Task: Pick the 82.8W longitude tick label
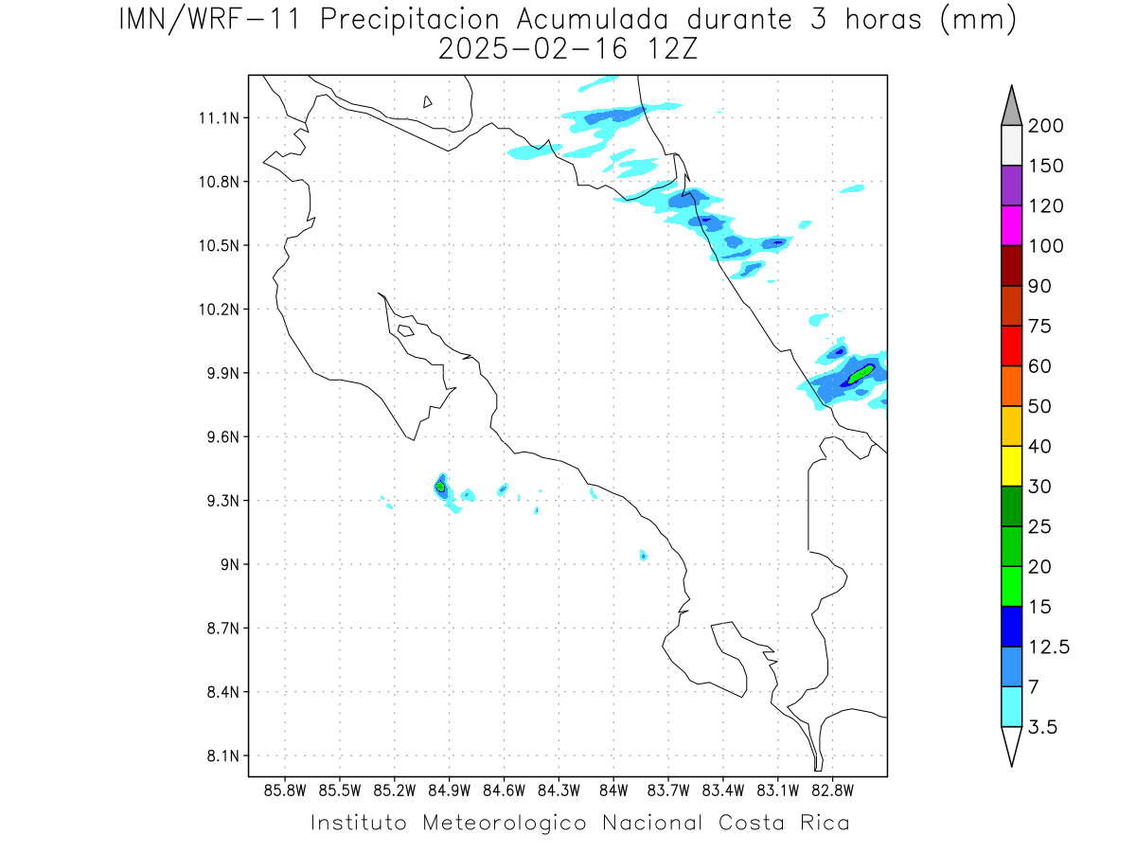[832, 790]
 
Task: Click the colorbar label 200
[1046, 126]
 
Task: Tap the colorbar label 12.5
[1049, 647]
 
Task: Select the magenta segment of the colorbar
[1011, 225]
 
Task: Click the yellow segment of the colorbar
[1011, 466]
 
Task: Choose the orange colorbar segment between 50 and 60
[1011, 385]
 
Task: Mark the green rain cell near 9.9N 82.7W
[860, 374]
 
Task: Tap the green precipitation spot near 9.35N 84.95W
[440, 487]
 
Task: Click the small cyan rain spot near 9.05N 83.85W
[643, 555]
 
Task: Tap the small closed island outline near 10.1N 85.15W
[405, 330]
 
